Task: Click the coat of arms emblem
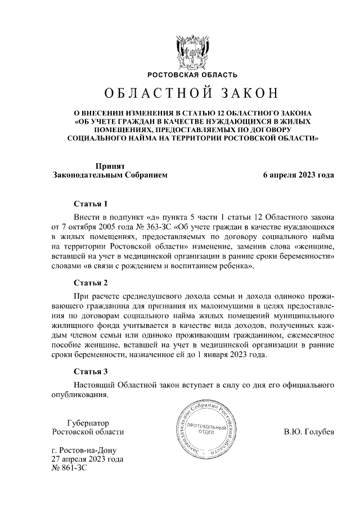tap(180, 51)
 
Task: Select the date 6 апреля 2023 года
tap(299, 175)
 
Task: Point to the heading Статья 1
tap(90, 203)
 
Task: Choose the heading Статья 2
tap(90, 282)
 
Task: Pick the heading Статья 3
tap(90, 371)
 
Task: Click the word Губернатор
tap(87, 422)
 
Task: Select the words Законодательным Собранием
tap(110, 175)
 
